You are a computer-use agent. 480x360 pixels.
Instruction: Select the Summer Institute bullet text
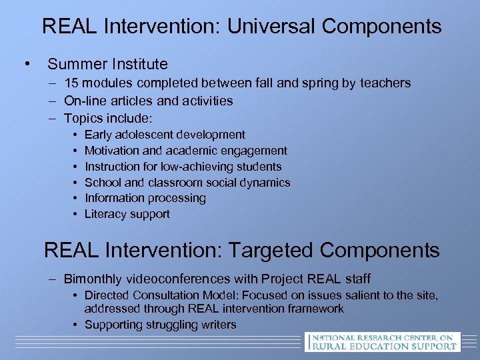pyautogui.click(x=107, y=64)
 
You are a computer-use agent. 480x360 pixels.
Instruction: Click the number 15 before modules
pyautogui.click(x=71, y=83)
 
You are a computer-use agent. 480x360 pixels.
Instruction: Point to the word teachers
pyautogui.click(x=385, y=83)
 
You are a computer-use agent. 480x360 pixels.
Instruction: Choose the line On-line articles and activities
pyautogui.click(x=149, y=101)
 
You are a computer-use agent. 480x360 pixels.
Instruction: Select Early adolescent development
pyautogui.click(x=165, y=135)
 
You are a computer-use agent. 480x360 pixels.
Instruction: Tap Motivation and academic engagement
pyautogui.click(x=186, y=151)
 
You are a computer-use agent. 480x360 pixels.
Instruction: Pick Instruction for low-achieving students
pyautogui.click(x=183, y=167)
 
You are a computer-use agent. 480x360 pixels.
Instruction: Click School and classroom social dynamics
pyautogui.click(x=187, y=183)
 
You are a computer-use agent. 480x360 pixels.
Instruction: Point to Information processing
pyautogui.click(x=145, y=198)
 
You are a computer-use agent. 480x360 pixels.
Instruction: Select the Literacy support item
pyautogui.click(x=127, y=214)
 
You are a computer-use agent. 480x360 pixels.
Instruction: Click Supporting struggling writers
pyautogui.click(x=161, y=325)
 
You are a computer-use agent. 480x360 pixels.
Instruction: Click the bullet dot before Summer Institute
pyautogui.click(x=27, y=65)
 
